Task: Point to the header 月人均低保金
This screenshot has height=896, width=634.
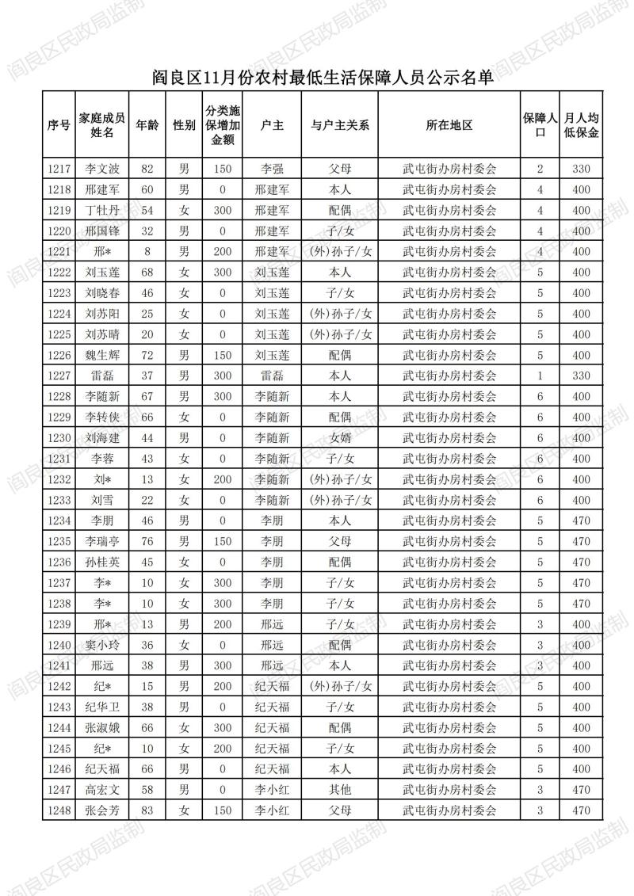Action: [x=581, y=125]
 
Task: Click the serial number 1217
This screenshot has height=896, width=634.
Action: [x=59, y=169]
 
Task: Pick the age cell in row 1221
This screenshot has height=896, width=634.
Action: [x=147, y=252]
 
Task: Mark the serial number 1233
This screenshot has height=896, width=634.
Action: [x=59, y=500]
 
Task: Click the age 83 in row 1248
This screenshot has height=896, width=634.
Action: [x=147, y=810]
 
